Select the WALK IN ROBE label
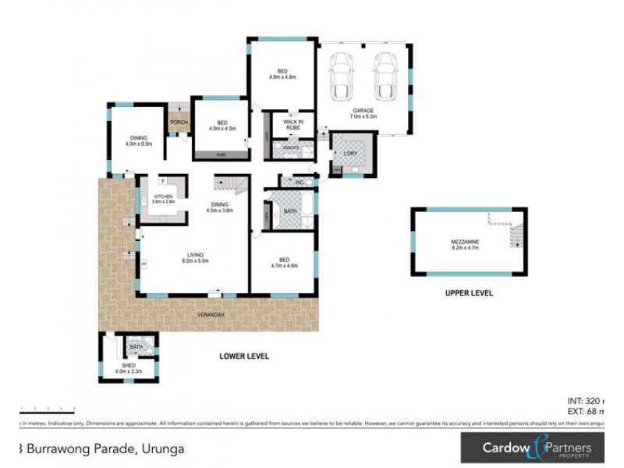(293, 125)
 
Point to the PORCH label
(179, 122)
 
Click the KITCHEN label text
(163, 196)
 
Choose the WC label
(299, 182)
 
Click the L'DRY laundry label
(350, 153)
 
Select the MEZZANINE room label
(465, 242)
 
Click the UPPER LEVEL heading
(469, 294)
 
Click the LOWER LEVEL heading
(244, 356)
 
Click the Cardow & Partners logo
(537, 448)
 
